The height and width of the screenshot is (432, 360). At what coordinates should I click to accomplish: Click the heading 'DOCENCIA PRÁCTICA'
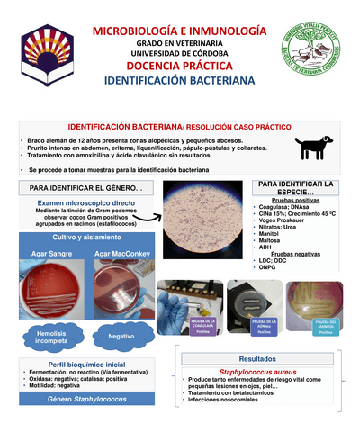coord(180,67)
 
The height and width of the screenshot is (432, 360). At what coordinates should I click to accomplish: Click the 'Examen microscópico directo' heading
coord(78,205)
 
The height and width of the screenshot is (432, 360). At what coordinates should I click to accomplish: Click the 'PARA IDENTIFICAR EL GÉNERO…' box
coord(78,188)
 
